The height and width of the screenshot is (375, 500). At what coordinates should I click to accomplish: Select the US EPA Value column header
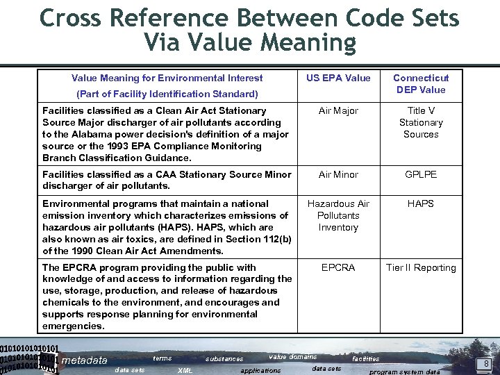(x=338, y=78)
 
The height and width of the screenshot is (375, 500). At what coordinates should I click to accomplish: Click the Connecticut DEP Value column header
(x=421, y=83)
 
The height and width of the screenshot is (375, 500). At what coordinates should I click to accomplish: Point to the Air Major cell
(x=338, y=110)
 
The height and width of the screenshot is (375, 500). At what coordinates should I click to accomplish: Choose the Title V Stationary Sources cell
(x=421, y=122)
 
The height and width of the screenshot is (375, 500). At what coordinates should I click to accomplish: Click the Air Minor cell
(x=338, y=174)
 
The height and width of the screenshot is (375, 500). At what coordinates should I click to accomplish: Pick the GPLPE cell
(x=421, y=174)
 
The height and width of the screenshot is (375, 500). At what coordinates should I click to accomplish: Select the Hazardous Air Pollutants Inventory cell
(x=338, y=215)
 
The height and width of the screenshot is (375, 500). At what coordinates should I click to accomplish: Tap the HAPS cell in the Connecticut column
(x=421, y=203)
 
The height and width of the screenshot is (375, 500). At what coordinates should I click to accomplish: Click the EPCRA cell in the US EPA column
(x=338, y=267)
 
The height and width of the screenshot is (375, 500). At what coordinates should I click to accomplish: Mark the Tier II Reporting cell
(x=421, y=267)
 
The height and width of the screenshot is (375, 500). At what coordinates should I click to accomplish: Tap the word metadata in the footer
(x=85, y=360)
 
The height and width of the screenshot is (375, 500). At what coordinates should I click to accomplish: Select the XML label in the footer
(x=185, y=371)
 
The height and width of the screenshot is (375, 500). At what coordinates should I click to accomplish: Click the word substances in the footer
(x=224, y=359)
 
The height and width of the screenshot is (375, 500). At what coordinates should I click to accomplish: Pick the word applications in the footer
(x=260, y=371)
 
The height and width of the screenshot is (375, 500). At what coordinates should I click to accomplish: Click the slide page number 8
(x=487, y=363)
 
